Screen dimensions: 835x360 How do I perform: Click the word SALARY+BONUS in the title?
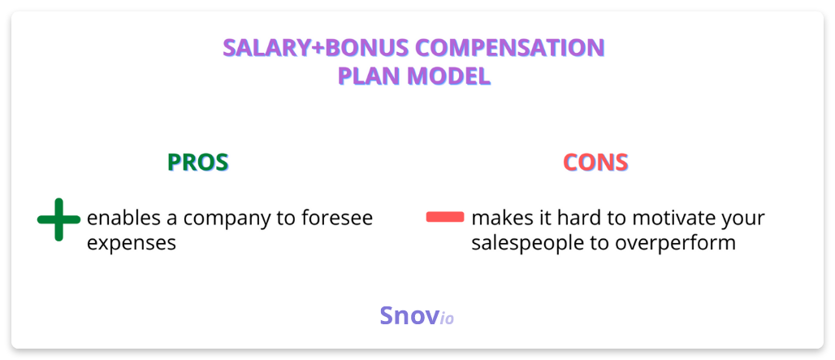[315, 48]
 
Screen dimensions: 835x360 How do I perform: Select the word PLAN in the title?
[370, 76]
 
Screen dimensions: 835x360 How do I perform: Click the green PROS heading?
[198, 162]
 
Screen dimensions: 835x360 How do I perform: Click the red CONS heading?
[595, 162]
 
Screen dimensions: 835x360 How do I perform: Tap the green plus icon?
[58, 219]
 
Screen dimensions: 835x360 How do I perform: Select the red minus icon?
[445, 217]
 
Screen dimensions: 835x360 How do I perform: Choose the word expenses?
[132, 245]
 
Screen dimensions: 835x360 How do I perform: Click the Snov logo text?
[409, 315]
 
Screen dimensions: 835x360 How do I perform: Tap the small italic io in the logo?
[447, 319]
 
